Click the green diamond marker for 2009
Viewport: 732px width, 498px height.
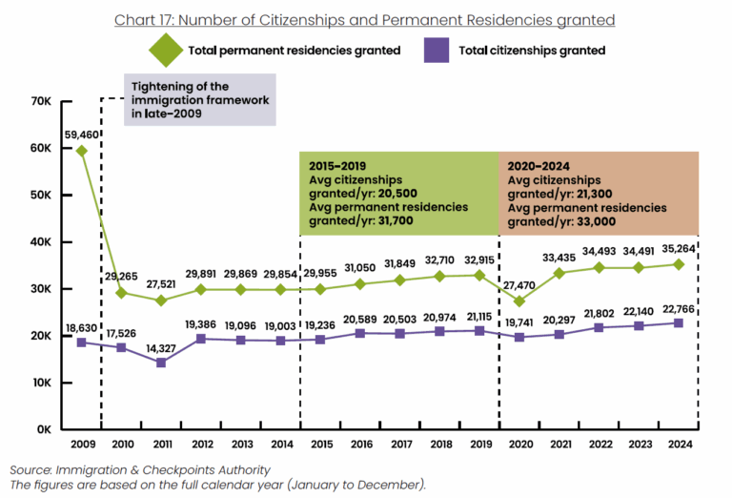tap(81, 151)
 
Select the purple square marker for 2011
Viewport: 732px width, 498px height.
tap(160, 363)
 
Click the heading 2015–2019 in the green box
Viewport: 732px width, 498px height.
tap(331, 164)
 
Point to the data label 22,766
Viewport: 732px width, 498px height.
tap(678, 307)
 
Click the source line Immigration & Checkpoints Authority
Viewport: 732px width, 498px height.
tap(140, 469)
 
